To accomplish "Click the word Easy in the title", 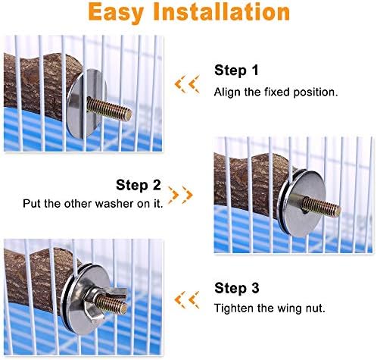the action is pos(117,13).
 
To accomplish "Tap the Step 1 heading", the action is pos(236,70).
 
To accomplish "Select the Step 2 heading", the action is pos(139,185).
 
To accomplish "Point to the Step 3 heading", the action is pos(237,288).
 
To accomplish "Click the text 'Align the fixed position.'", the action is pos(276,92).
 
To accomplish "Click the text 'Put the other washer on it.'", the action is pos(93,204).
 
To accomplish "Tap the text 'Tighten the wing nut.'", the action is pos(270,308).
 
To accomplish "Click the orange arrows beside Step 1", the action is pos(187,84).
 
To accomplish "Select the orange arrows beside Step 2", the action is pos(181,195).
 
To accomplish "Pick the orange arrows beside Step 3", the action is pos(187,300).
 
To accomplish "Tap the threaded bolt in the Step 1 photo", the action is pos(109,110).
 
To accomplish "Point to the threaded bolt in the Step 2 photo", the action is pos(321,206).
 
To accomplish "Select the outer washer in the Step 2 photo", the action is pos(302,203).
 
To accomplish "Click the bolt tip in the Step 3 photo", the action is pos(123,308).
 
